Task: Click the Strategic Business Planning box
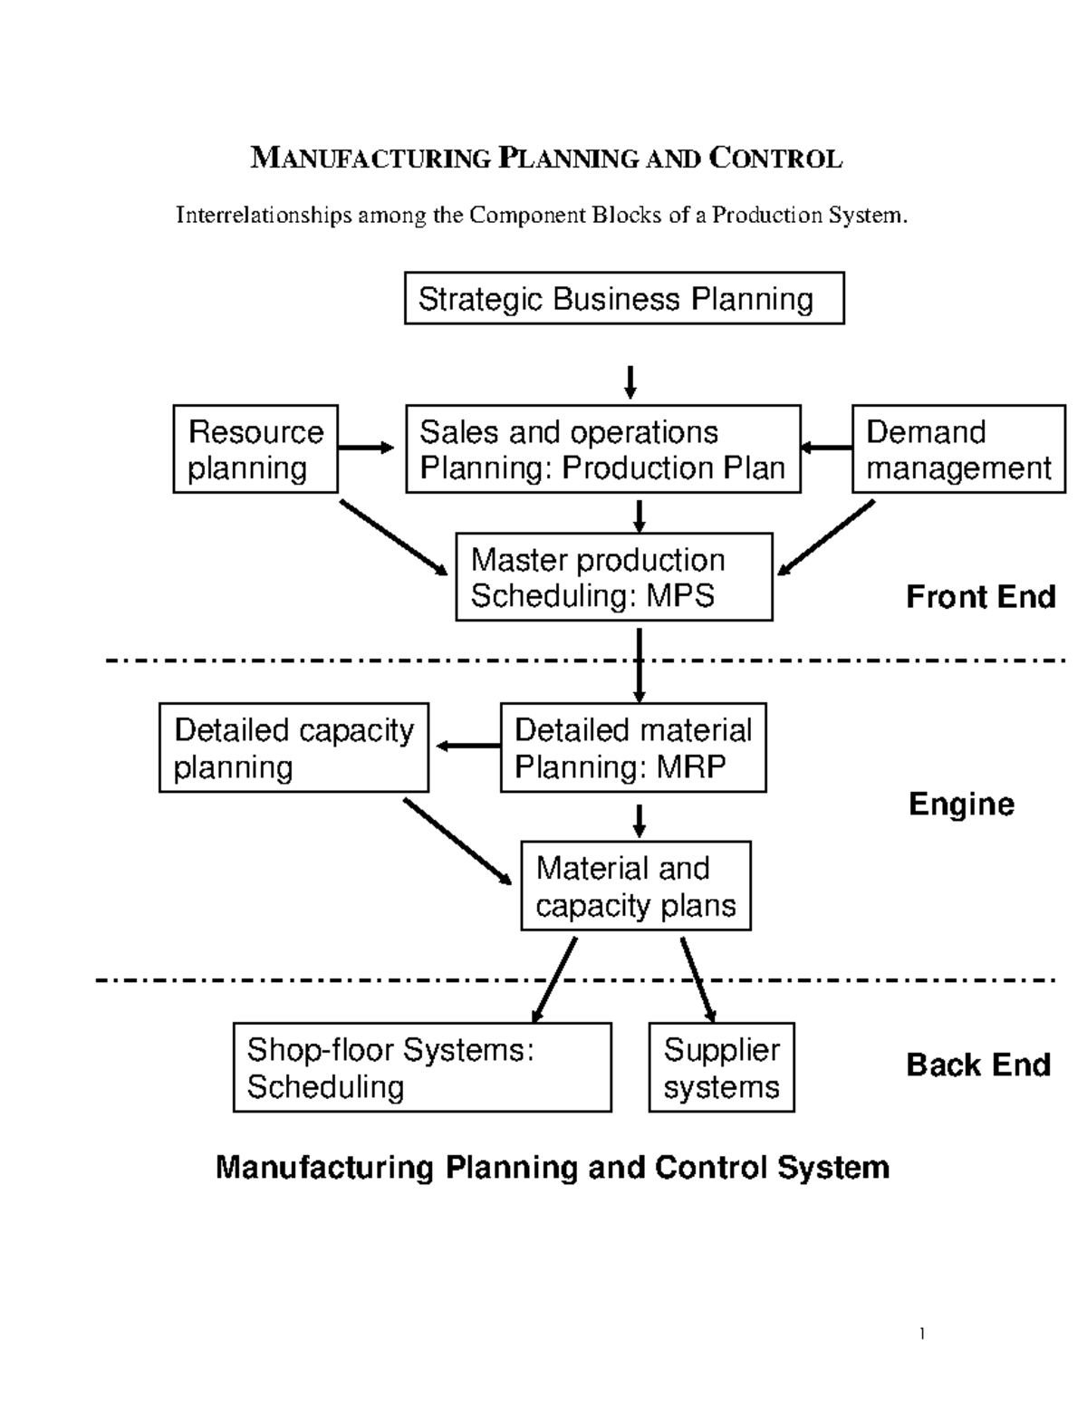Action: (624, 298)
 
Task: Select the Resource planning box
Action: (255, 449)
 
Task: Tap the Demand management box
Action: (958, 449)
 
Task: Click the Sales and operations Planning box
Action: (603, 449)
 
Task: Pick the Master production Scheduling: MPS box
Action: (614, 577)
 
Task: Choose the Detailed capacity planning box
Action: (293, 747)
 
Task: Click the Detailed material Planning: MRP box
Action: (633, 747)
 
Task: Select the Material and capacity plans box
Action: (636, 886)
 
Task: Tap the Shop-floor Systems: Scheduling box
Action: (422, 1067)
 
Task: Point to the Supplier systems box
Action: (721, 1067)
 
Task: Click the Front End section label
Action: (981, 597)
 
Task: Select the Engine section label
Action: (961, 804)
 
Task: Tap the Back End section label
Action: (978, 1065)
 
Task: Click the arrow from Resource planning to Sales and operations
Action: (366, 448)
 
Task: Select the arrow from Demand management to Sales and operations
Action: (826, 448)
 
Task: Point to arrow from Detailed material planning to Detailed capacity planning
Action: (467, 747)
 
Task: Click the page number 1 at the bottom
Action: (921, 1333)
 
